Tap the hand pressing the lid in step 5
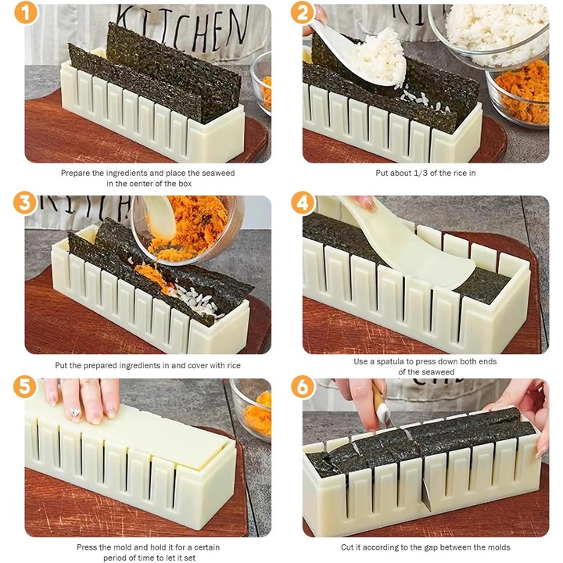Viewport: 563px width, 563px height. [82, 399]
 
